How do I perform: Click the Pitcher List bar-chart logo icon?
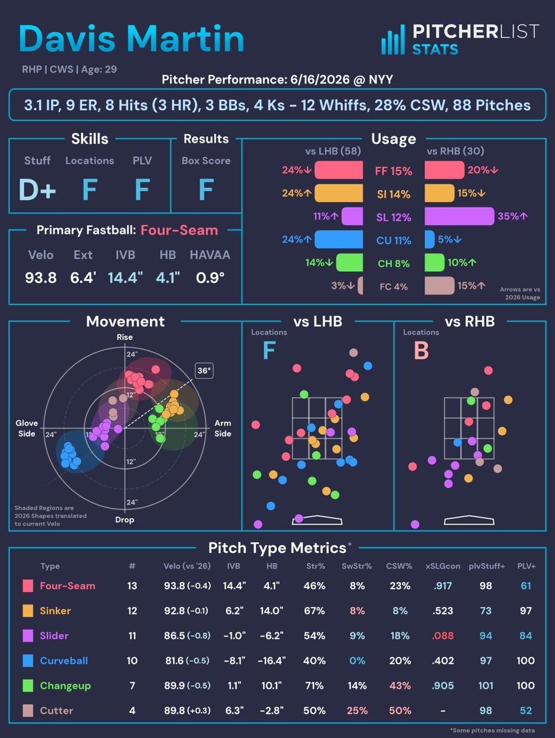pyautogui.click(x=393, y=40)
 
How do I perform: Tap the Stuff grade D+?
pyautogui.click(x=37, y=189)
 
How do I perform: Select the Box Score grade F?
pyautogui.click(x=207, y=189)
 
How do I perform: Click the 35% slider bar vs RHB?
pyautogui.click(x=459, y=216)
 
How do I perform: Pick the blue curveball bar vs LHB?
pyautogui.click(x=339, y=239)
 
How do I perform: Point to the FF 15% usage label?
pyautogui.click(x=393, y=171)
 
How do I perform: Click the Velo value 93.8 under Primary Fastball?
pyautogui.click(x=41, y=278)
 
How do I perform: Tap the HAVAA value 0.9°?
pyautogui.click(x=210, y=278)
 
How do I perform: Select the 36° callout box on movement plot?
pyautogui.click(x=204, y=371)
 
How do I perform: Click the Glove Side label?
pyautogui.click(x=26, y=428)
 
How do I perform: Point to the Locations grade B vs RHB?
pyautogui.click(x=421, y=351)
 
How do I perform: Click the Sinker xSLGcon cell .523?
pyautogui.click(x=443, y=611)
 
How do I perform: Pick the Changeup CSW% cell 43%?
pyautogui.click(x=400, y=686)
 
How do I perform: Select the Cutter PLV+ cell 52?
pyautogui.click(x=525, y=710)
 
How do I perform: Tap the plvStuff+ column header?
pyautogui.click(x=486, y=566)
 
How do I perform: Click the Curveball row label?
pyautogui.click(x=64, y=661)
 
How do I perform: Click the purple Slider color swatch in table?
pyautogui.click(x=28, y=636)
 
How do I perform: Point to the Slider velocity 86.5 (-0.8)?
pyautogui.click(x=187, y=636)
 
